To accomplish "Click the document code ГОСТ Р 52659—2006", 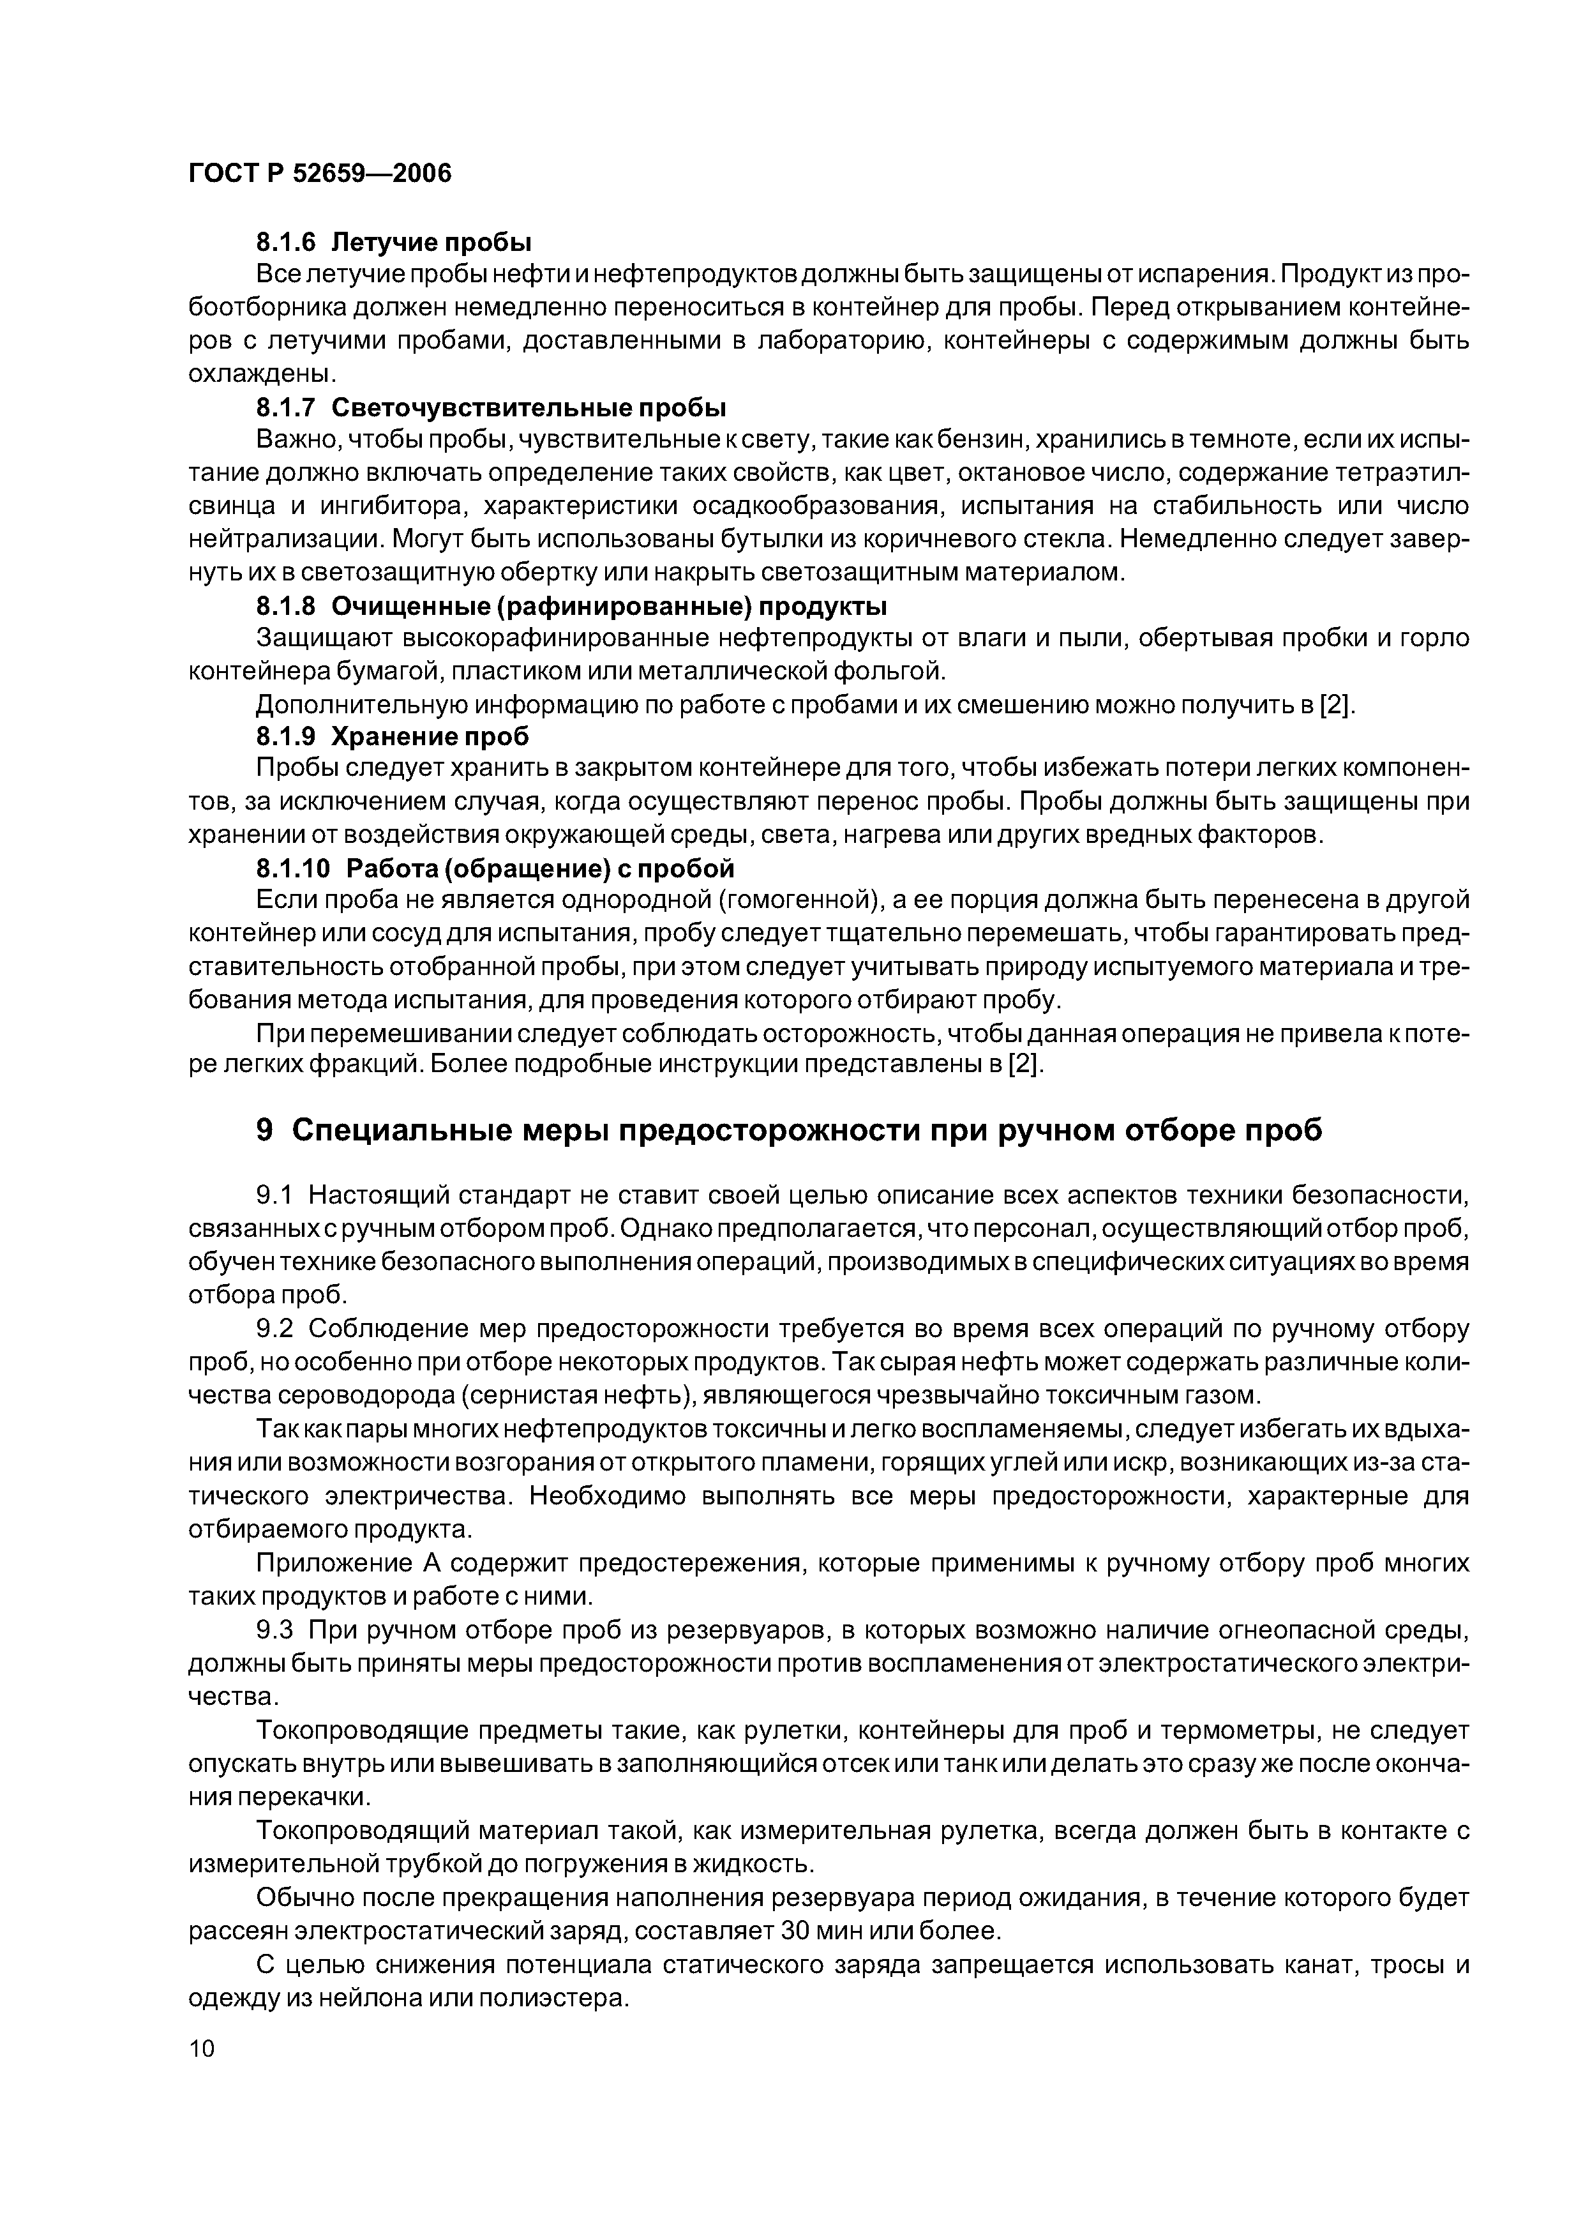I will click(x=320, y=174).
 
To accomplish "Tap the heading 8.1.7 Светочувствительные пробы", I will click(x=491, y=407).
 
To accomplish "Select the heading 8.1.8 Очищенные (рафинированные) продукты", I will click(x=571, y=606).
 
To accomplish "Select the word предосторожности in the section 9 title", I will click(x=737, y=1130).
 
